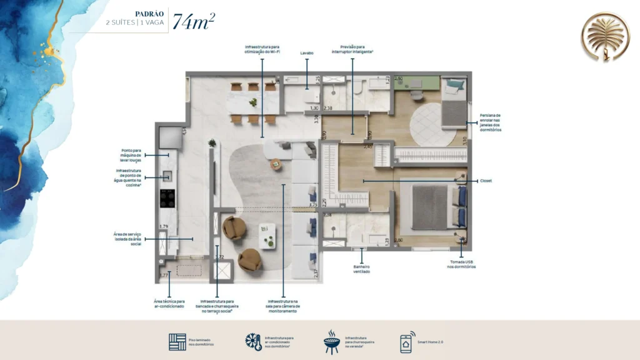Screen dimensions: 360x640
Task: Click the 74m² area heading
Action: click(194, 21)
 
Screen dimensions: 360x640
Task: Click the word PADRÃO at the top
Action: click(151, 12)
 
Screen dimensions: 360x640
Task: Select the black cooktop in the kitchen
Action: click(167, 198)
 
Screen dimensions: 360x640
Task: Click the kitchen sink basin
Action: click(167, 177)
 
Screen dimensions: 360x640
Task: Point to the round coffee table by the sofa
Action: click(276, 164)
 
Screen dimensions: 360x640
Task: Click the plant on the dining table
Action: click(252, 102)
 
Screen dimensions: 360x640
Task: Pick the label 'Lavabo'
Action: click(306, 53)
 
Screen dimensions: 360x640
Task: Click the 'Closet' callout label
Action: click(486, 181)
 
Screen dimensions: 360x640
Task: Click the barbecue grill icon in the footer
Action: click(331, 342)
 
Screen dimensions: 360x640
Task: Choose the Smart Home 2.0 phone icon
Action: click(407, 342)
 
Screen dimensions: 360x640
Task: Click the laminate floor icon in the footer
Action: click(177, 342)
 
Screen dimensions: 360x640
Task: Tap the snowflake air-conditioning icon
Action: click(253, 342)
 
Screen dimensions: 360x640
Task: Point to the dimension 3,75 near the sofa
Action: click(314, 204)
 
